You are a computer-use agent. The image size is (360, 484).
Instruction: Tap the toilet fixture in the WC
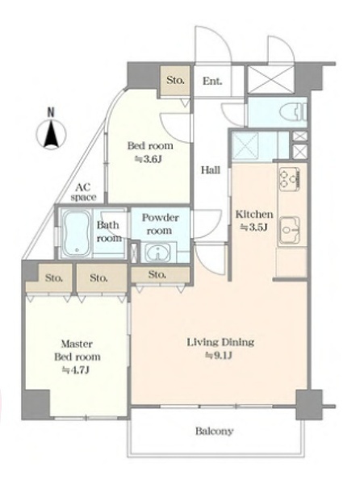(293, 112)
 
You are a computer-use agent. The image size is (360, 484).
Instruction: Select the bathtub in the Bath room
(77, 232)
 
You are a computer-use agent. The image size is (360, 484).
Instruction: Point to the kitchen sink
(290, 230)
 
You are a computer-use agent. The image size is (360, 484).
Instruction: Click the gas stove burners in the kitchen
(289, 178)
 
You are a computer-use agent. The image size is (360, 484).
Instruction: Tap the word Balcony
(214, 431)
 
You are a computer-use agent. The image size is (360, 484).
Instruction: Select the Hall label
(211, 169)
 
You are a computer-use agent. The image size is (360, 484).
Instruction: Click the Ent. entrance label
(212, 81)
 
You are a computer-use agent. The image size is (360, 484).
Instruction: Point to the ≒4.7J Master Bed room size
(76, 369)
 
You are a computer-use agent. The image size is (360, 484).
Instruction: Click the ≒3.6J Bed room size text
(149, 159)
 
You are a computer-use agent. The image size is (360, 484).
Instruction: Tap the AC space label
(83, 192)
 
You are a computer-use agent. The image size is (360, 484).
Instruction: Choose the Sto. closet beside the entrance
(175, 80)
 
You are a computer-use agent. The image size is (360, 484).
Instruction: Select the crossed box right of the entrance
(270, 79)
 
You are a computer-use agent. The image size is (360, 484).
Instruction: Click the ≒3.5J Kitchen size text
(253, 227)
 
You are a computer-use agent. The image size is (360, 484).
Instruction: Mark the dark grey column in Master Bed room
(36, 404)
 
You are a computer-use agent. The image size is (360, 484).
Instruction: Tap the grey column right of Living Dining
(309, 404)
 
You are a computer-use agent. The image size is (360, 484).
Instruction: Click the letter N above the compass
(51, 112)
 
